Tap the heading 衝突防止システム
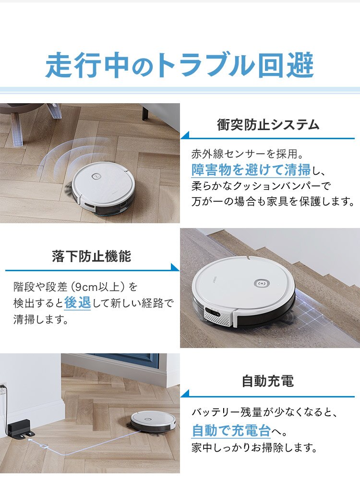268,125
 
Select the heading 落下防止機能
91,256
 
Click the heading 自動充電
267,382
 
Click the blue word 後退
77,302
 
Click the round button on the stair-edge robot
261,283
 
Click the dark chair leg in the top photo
145,113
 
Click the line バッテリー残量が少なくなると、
265,412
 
